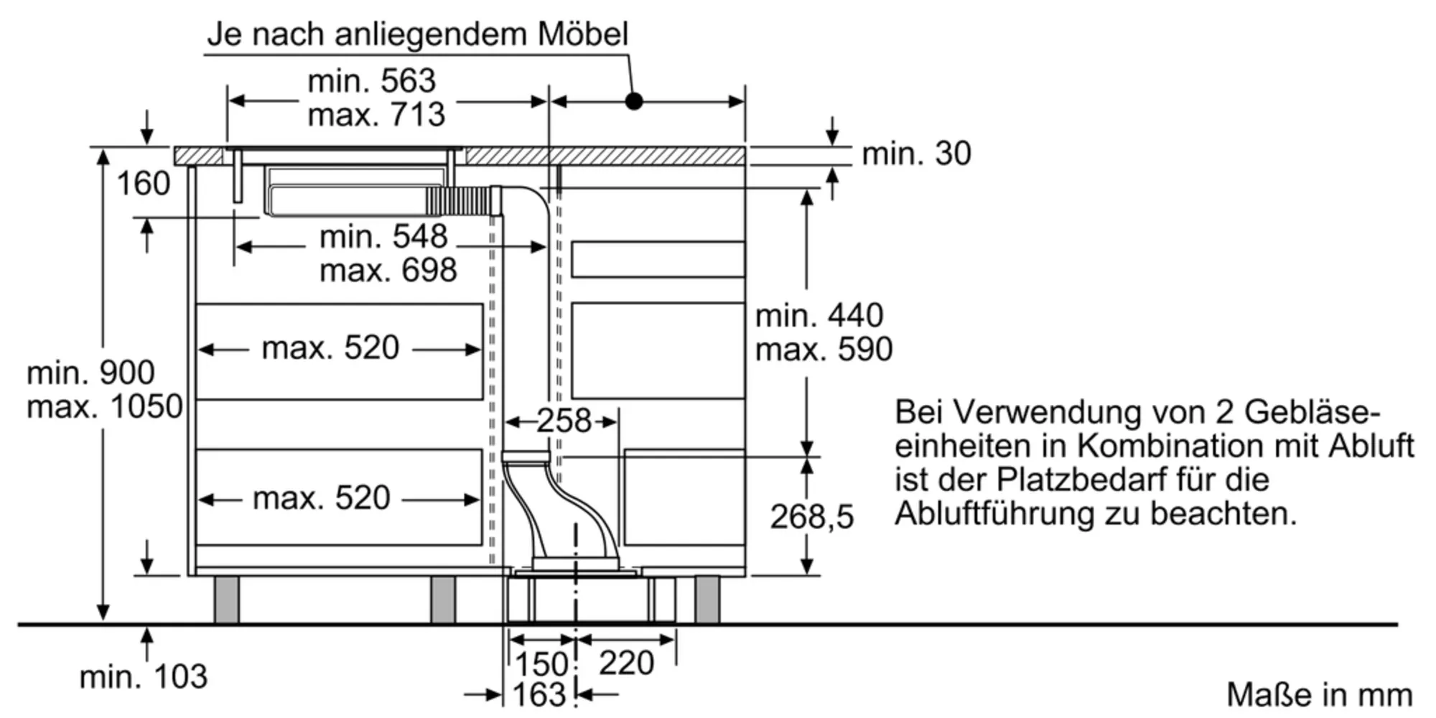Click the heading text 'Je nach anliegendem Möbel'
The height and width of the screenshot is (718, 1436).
(x=417, y=34)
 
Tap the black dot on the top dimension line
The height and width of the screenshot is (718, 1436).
(x=633, y=101)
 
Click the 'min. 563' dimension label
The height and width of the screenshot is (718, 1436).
(x=371, y=81)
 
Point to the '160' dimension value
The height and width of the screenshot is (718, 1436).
(x=143, y=184)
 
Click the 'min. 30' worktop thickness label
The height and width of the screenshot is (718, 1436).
(x=916, y=154)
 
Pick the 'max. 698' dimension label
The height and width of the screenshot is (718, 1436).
(x=388, y=271)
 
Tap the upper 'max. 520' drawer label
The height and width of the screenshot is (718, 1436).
(x=330, y=348)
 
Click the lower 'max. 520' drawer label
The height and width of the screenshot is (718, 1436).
(x=321, y=498)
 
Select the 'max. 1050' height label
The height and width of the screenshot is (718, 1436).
(x=105, y=407)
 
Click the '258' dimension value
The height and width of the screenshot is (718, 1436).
(x=564, y=421)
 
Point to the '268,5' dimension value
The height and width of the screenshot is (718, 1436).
(x=812, y=517)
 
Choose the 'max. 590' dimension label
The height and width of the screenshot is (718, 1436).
(x=824, y=350)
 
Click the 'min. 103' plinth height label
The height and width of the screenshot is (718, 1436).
(x=143, y=676)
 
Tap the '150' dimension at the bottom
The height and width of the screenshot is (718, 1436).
(x=542, y=663)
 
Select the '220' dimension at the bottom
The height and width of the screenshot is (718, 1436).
(x=626, y=663)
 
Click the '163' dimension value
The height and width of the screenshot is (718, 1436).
(x=539, y=695)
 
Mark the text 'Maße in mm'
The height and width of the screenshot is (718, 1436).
(x=1319, y=695)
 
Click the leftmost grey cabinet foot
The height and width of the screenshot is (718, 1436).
(x=226, y=599)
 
